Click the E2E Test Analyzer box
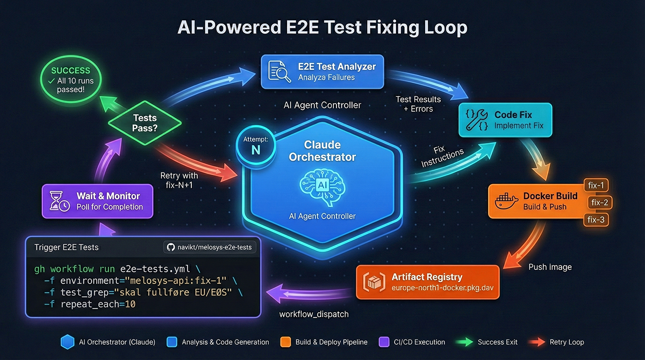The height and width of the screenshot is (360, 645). coord(322,71)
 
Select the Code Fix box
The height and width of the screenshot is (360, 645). coord(505,120)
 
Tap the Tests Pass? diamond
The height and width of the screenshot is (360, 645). coord(145,123)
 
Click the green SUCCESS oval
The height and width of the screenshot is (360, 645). coord(71,79)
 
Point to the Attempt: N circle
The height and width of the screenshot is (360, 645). coord(256,146)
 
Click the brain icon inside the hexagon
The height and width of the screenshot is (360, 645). coord(322,187)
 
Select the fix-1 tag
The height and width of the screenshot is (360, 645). coord(596,185)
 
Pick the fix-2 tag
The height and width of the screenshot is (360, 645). coord(599,203)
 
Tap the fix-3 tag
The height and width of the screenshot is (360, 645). coord(596,220)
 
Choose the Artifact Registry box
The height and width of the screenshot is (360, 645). coord(428,282)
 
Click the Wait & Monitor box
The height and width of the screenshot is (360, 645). coord(97,201)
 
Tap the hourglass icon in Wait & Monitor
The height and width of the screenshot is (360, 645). coord(59,201)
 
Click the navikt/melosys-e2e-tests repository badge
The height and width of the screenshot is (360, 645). coord(210,247)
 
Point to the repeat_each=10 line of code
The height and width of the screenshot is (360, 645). coord(90,304)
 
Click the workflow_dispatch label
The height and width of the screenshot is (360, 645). coord(314,314)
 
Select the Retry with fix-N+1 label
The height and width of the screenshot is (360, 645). coord(179,180)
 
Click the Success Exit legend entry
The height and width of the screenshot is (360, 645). coord(486,342)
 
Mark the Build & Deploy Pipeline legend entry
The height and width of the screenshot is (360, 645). coord(324,342)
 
